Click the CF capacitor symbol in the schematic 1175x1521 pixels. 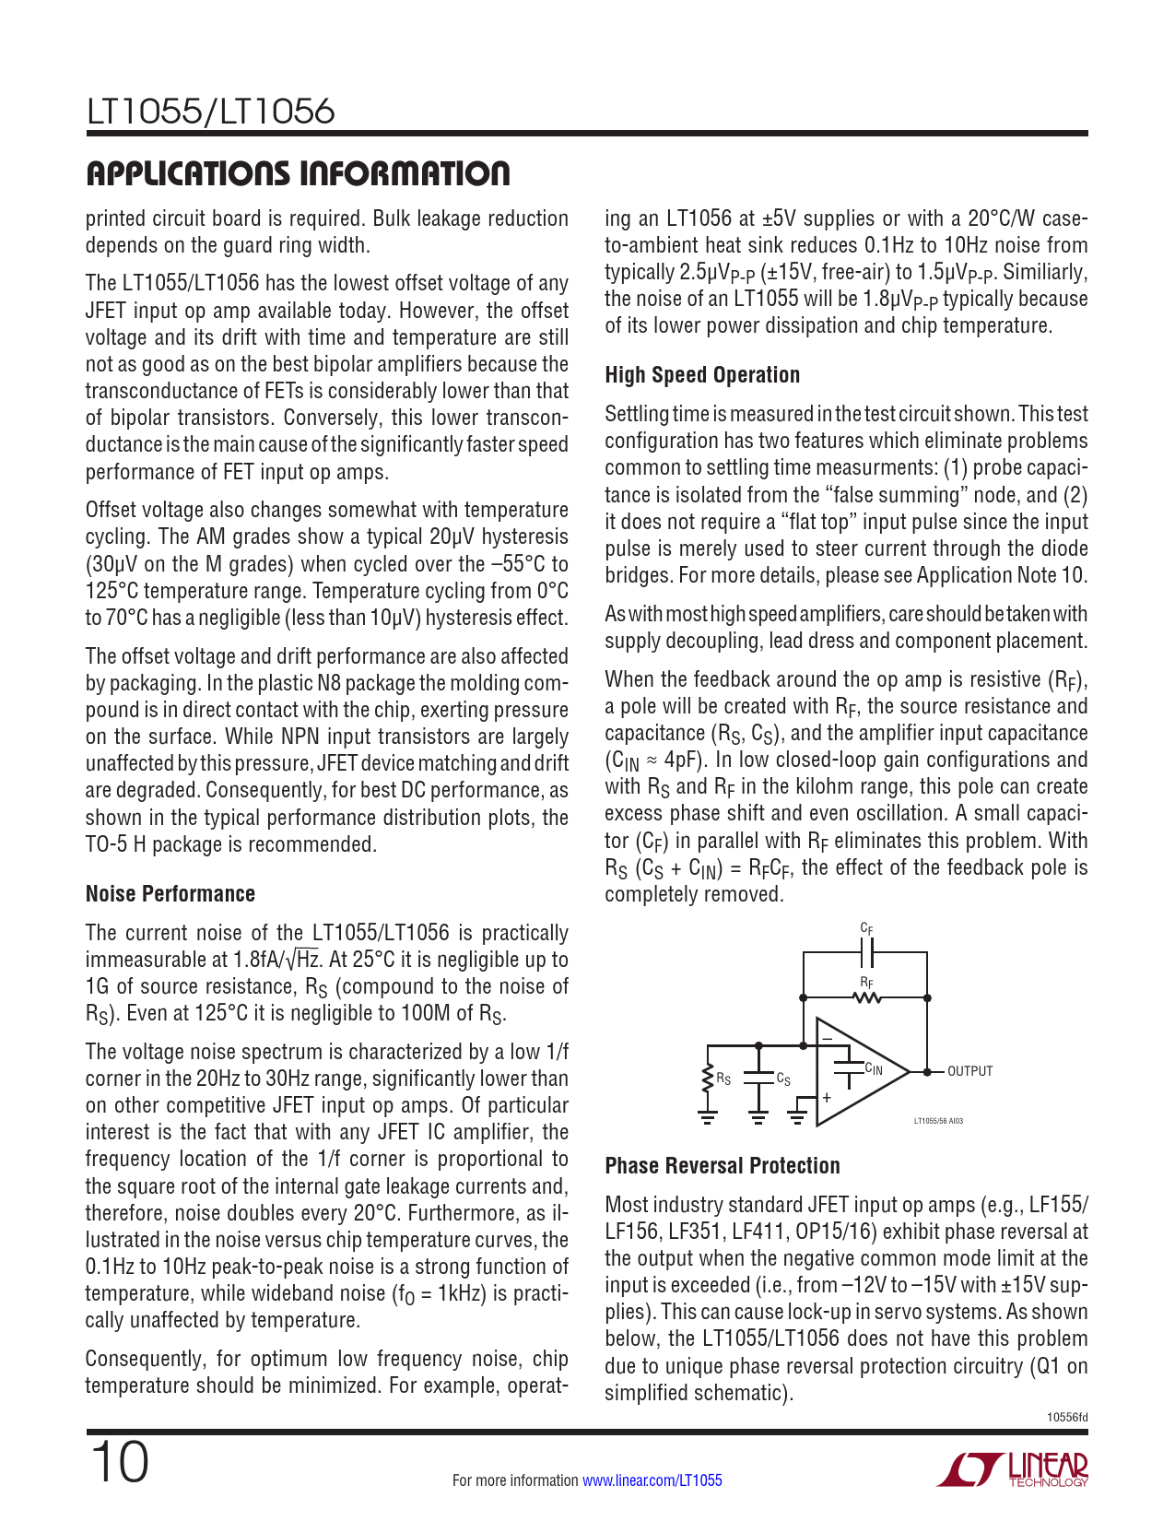click(x=866, y=952)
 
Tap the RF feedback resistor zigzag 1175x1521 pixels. click(x=866, y=997)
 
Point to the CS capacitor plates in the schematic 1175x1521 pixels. click(x=758, y=1078)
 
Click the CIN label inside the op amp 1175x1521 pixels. click(x=873, y=1069)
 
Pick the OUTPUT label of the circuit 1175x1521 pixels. click(x=969, y=1071)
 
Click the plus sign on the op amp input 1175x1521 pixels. click(x=827, y=1097)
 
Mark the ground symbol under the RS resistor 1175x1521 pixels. click(x=708, y=1117)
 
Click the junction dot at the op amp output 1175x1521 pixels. click(x=927, y=1071)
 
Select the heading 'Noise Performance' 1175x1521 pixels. click(x=170, y=894)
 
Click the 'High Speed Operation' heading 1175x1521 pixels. click(x=702, y=375)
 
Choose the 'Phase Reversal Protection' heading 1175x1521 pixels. click(x=723, y=1166)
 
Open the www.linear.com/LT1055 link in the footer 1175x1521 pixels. click(x=652, y=1480)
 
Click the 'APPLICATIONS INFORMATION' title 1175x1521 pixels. click(x=297, y=173)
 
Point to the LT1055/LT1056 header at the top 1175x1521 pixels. click(x=210, y=112)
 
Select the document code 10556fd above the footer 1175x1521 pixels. click(x=1069, y=1417)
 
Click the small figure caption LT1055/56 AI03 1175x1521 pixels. click(x=938, y=1121)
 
